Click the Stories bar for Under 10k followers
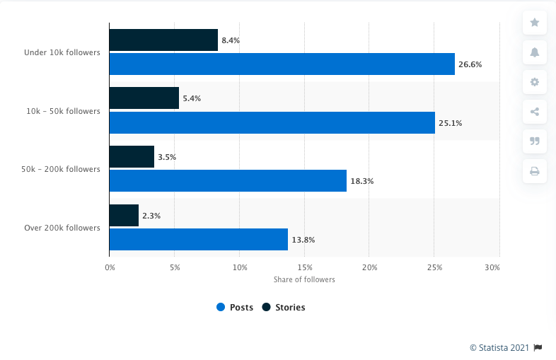[x=163, y=40]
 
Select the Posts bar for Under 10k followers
[x=282, y=64]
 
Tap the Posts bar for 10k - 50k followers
[x=272, y=122]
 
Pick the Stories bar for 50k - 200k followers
[x=132, y=157]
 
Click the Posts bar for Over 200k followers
[x=199, y=239]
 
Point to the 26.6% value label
[x=470, y=64]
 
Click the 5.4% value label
[x=192, y=98]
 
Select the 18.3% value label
[x=361, y=181]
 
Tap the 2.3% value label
[x=151, y=215]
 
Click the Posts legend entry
[x=235, y=307]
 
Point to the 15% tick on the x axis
[x=305, y=267]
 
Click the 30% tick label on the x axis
[x=493, y=267]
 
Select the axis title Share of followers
[x=304, y=279]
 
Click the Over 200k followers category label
[x=62, y=228]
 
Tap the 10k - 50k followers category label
[x=64, y=111]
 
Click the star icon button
[x=534, y=23]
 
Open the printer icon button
[x=534, y=170]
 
